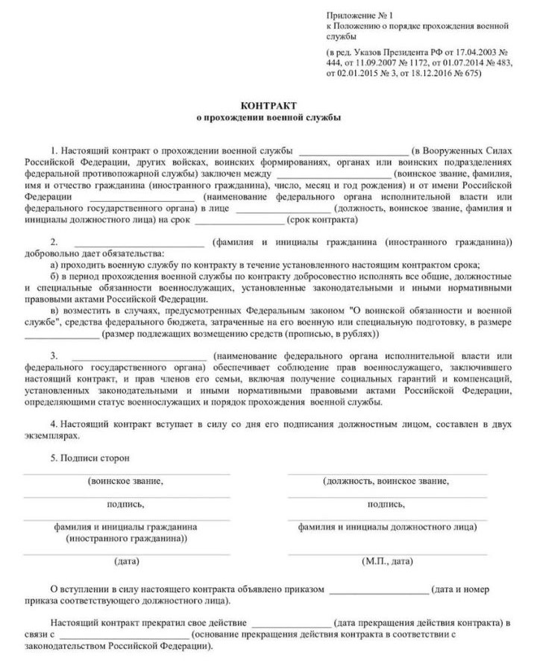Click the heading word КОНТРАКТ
(x=268, y=106)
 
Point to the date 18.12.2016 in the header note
(x=436, y=75)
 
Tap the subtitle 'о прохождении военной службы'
(x=268, y=117)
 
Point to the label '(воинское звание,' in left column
(x=125, y=481)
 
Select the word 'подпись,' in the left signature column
(x=125, y=505)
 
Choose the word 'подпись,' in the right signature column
(x=386, y=505)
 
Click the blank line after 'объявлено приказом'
(x=379, y=590)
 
